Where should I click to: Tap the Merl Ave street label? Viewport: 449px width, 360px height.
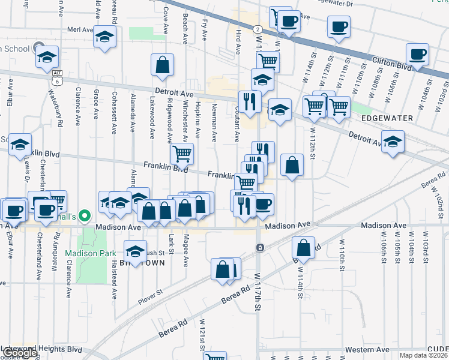pos(80,29)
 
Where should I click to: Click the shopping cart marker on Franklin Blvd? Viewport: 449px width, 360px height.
pos(182,154)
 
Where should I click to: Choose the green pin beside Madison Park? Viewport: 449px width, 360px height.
pos(85,216)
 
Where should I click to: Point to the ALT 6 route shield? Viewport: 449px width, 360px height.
pos(56,79)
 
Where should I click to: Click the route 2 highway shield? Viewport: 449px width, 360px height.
pos(257,29)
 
